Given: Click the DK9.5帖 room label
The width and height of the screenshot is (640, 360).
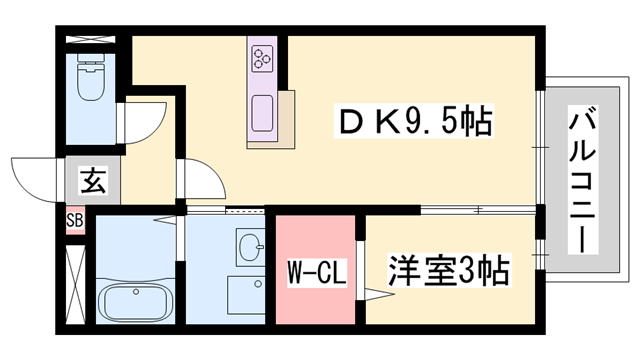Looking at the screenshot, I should (x=411, y=124).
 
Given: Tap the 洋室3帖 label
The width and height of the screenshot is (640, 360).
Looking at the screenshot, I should (x=448, y=270).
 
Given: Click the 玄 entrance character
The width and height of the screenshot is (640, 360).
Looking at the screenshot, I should (x=92, y=183).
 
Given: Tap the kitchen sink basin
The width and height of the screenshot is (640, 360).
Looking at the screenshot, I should (x=264, y=108).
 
